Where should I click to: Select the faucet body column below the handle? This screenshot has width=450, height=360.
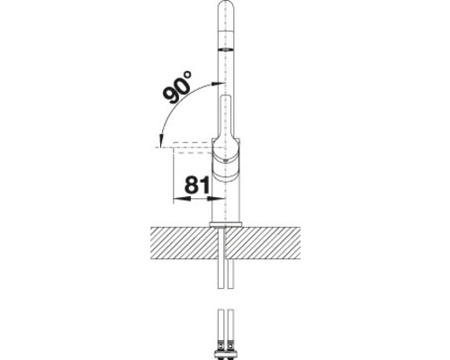click(x=229, y=202)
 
